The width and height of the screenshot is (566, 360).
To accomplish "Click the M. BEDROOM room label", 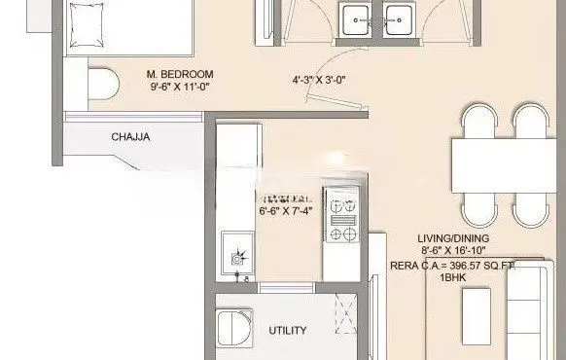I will point(179,74).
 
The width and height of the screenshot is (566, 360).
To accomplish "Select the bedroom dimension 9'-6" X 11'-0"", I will point(179,88).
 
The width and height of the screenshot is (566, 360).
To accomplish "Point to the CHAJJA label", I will point(129,137).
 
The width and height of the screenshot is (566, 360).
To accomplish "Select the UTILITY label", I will point(288,331).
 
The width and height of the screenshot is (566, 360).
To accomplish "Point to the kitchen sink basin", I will point(236,256).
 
